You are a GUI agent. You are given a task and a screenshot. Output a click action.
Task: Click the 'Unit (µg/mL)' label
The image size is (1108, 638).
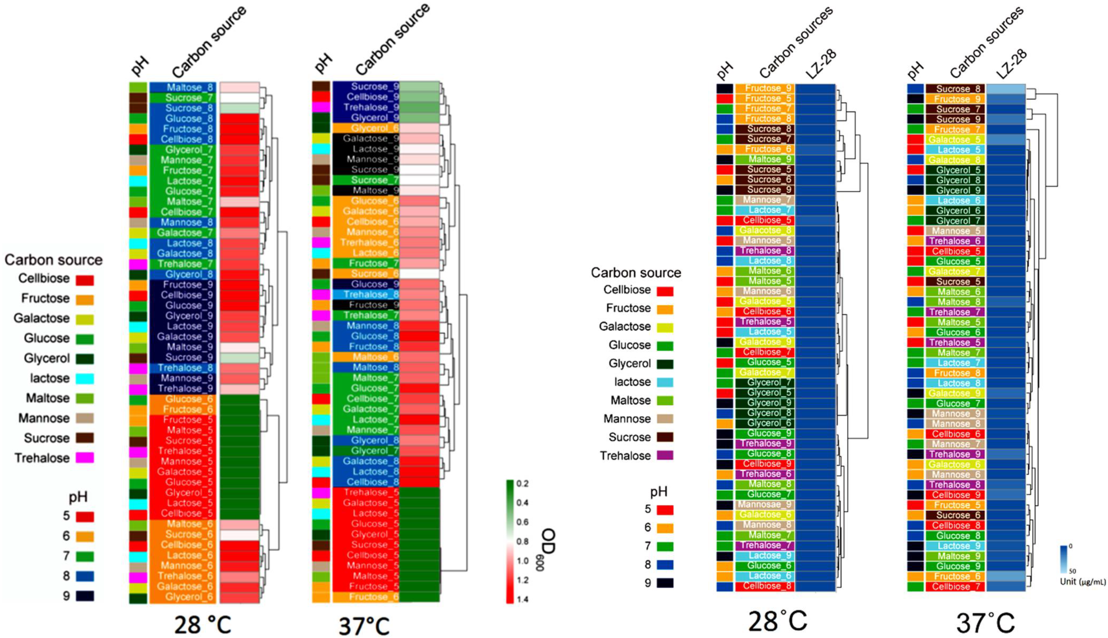[x=1082, y=582]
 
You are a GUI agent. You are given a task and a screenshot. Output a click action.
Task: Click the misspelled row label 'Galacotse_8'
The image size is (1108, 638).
[x=765, y=230]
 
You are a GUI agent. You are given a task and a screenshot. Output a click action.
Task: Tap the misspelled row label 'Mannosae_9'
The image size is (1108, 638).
[x=765, y=504]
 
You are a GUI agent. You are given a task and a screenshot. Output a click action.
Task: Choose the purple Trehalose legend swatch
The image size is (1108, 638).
[x=665, y=456]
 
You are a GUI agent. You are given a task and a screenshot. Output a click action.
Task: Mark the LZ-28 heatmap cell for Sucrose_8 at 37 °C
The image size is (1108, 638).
[x=1006, y=89]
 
